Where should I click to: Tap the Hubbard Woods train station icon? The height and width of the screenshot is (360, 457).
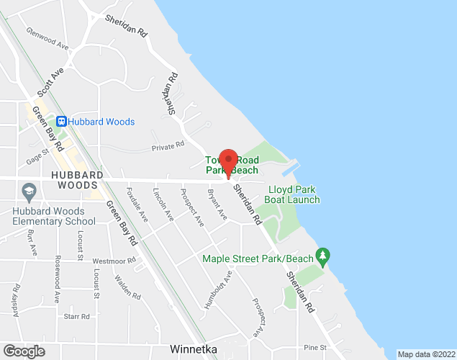62,122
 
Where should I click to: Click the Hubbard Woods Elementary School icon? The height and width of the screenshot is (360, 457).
30,192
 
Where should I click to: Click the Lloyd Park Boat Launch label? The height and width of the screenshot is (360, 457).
294,194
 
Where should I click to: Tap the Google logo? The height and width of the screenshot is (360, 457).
23,351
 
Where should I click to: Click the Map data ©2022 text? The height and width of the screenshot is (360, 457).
426,354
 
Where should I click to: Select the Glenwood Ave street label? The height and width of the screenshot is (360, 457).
47,39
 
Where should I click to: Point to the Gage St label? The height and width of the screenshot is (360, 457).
37,157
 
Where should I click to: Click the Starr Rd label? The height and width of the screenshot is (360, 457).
76,316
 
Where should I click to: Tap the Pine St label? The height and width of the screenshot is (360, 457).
315,347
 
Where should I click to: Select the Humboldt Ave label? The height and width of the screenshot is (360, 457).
218,289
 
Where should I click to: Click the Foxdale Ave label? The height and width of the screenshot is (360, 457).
137,204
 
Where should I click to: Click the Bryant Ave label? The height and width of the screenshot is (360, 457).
217,205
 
